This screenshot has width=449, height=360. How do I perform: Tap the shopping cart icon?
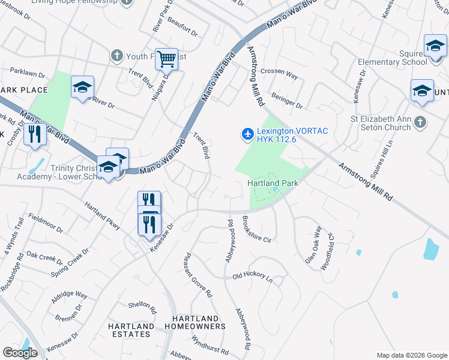click(x=166, y=59)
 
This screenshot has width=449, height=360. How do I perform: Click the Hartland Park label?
click(x=273, y=182)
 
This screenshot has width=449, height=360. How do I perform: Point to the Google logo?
click(x=20, y=353)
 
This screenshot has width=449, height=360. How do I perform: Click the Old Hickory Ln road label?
click(x=252, y=278)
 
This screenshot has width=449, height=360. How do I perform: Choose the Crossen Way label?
click(x=279, y=75)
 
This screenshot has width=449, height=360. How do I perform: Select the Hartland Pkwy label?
click(x=103, y=215)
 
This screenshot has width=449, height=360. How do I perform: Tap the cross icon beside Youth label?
click(x=116, y=56)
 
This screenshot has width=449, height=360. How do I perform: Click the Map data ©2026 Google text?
click(x=411, y=355)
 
